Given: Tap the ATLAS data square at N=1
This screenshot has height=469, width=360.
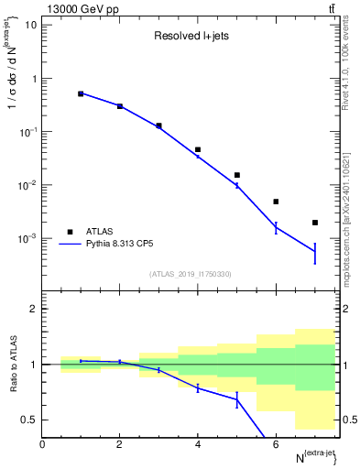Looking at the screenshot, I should pos(81,93).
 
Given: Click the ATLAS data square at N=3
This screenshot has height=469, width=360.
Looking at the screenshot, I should pos(158,125).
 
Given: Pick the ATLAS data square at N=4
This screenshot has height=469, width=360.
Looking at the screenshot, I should pos(198,149).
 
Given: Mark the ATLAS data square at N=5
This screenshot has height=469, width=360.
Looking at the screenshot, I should pos(236,175).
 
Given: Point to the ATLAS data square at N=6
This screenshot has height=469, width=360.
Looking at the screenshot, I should pos(276,202).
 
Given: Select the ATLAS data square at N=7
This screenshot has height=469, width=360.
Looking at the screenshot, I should pos(314,223).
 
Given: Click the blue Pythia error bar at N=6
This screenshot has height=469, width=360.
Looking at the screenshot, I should pos(276,227).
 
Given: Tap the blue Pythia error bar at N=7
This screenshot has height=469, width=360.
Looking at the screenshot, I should pos(314,252).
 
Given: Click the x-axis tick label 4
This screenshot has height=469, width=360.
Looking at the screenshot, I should pos(198,444).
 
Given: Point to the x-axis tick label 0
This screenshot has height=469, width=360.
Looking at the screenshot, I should pos(42,444).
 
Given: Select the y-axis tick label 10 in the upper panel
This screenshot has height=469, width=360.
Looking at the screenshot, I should pos(31,24).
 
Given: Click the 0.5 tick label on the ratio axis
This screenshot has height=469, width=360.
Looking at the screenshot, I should pos(28,420).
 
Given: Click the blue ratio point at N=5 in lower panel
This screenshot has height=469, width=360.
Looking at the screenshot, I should pos(236,399).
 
